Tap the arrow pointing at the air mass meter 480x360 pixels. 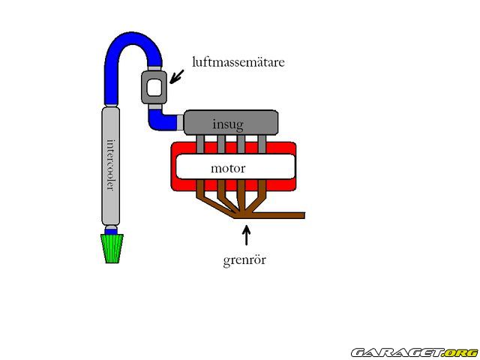[178, 75]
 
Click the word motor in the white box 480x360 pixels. [228, 167]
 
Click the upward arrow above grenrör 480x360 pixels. [245, 236]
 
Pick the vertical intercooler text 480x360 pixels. [110, 165]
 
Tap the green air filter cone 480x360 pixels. [112, 247]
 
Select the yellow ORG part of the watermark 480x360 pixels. [460, 352]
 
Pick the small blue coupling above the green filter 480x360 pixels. [111, 229]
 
